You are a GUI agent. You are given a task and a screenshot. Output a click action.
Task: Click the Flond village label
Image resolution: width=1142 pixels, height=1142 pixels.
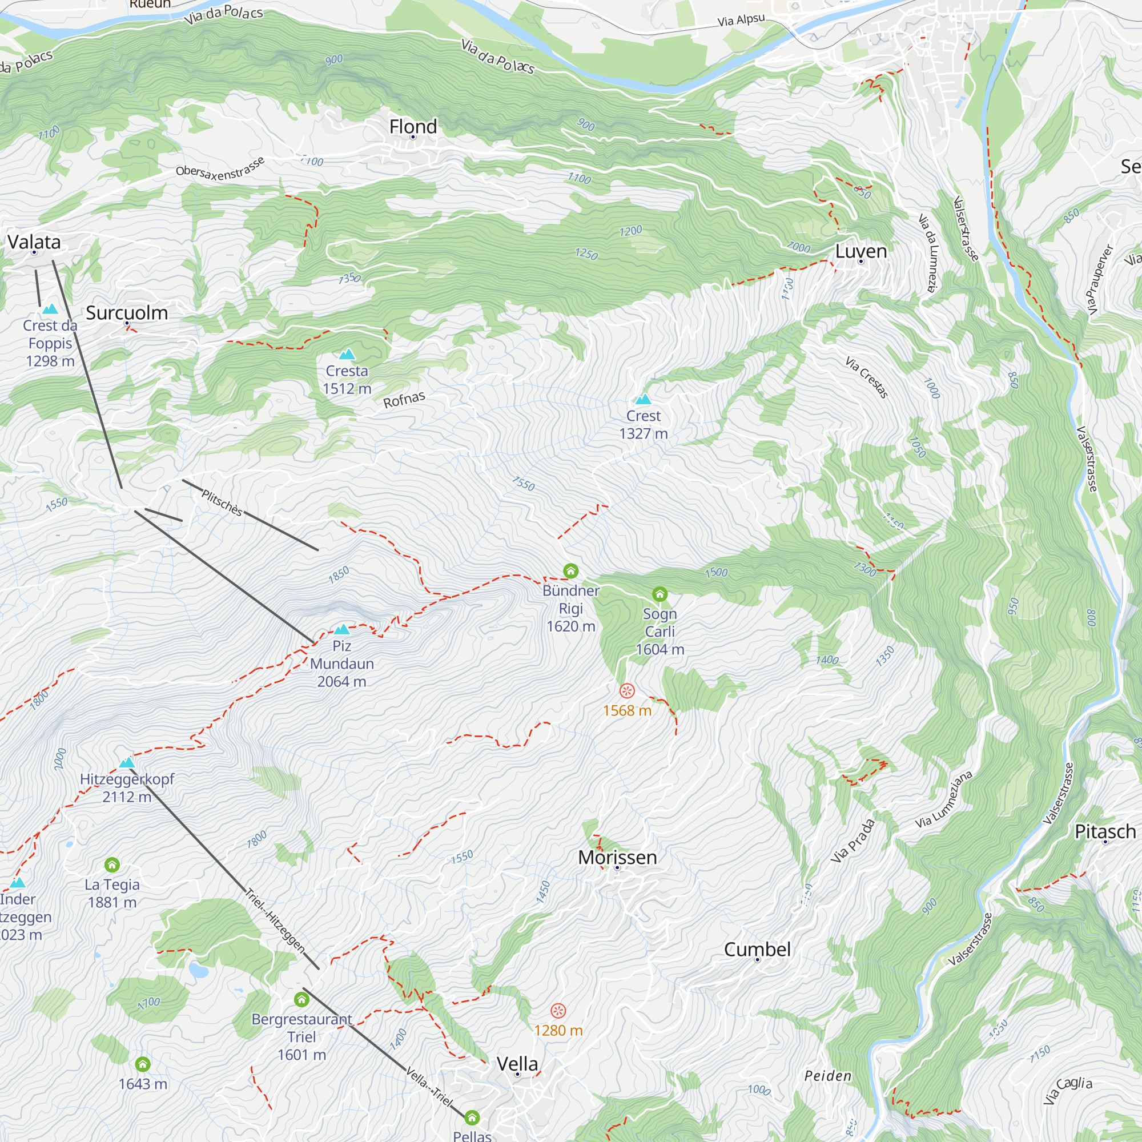(x=413, y=127)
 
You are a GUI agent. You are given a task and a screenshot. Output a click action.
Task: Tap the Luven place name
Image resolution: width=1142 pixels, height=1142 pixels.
(x=860, y=251)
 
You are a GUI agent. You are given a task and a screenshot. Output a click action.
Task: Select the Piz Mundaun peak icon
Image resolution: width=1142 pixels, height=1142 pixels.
(x=341, y=629)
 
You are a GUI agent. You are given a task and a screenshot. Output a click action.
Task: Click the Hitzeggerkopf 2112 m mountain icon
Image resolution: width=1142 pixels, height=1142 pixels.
(x=127, y=762)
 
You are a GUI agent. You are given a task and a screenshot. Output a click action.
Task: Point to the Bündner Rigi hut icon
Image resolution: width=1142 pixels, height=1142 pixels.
(x=570, y=570)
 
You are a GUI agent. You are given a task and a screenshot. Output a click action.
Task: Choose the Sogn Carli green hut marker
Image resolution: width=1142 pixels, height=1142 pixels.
(x=660, y=593)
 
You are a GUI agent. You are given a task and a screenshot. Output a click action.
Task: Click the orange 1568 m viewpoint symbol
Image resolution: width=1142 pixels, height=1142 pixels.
(x=626, y=690)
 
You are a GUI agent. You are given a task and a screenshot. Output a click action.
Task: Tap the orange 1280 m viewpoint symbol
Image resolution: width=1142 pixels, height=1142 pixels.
(x=558, y=1010)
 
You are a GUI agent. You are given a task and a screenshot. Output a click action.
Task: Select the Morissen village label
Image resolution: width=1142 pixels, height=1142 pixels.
(x=617, y=857)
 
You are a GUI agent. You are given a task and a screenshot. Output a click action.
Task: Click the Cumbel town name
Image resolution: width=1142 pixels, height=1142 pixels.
(x=757, y=950)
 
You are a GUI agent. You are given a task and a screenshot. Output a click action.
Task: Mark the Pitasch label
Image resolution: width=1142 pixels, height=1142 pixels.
(x=1105, y=832)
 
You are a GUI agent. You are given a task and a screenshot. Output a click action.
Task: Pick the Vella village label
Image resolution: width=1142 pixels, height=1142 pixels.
(x=517, y=1064)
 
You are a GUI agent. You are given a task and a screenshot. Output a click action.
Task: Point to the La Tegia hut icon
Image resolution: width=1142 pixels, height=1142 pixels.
(x=112, y=864)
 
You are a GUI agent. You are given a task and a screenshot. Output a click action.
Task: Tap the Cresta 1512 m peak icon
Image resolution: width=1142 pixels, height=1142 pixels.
(x=347, y=354)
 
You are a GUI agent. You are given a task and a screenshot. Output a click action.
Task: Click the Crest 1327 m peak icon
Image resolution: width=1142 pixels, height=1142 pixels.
(x=643, y=399)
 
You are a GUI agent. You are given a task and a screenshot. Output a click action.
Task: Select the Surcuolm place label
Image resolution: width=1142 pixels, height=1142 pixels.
(x=127, y=313)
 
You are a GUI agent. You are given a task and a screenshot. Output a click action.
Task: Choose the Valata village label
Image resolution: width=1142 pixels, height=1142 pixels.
(x=34, y=242)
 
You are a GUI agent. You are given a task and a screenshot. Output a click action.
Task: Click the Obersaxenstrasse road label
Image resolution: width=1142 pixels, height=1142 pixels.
(x=220, y=167)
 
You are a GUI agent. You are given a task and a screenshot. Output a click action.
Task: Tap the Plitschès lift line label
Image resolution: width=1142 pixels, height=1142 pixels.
(x=222, y=502)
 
